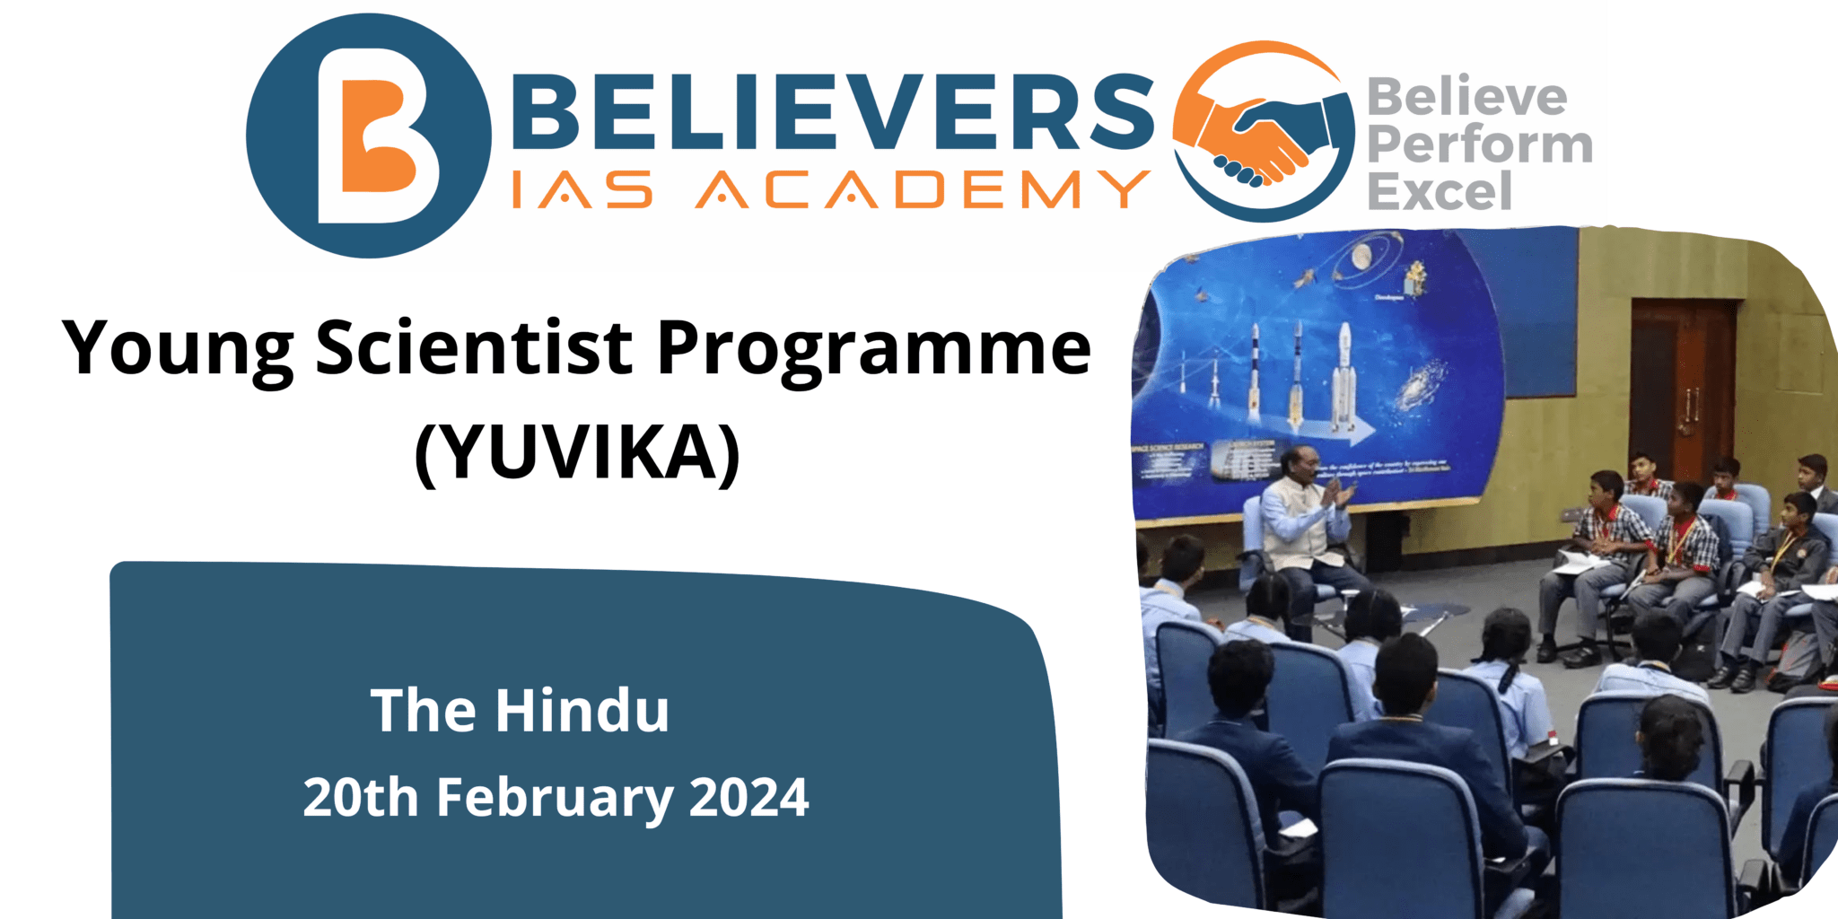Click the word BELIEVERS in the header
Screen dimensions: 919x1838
click(833, 111)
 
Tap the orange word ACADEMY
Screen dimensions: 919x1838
click(923, 189)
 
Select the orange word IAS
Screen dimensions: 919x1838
click(582, 189)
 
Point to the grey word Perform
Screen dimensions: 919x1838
click(1479, 144)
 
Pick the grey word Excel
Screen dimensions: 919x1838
click(1439, 191)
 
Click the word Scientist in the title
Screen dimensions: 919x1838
click(474, 347)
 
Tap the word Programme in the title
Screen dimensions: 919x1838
click(874, 350)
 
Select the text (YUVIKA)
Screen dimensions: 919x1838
click(577, 453)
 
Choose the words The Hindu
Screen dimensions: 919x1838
click(520, 710)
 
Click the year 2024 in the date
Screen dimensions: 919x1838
click(748, 797)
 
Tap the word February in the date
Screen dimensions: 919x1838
click(554, 799)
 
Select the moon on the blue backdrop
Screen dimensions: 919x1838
click(1361, 257)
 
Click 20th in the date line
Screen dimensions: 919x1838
click(360, 797)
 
